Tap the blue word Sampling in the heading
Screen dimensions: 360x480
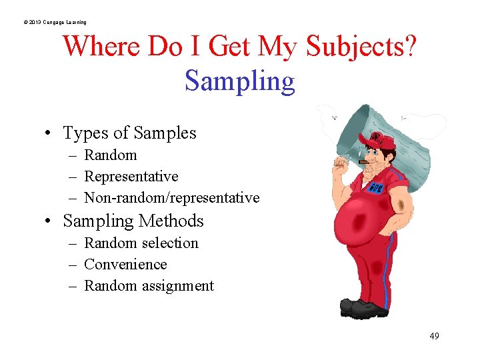click(239, 81)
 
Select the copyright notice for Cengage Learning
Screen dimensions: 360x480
click(55, 23)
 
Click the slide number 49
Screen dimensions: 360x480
click(434, 336)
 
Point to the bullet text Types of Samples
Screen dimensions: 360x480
click(129, 133)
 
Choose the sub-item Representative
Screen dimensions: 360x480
click(131, 177)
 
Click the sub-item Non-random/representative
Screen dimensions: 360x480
click(171, 198)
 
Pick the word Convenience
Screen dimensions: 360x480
click(125, 265)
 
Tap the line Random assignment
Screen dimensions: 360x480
click(149, 286)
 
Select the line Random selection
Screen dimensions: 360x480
click(141, 243)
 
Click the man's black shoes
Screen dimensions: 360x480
click(364, 308)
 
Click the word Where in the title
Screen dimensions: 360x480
click(101, 47)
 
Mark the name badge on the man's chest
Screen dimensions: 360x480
click(376, 185)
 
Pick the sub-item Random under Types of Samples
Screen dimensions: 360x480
click(111, 155)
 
